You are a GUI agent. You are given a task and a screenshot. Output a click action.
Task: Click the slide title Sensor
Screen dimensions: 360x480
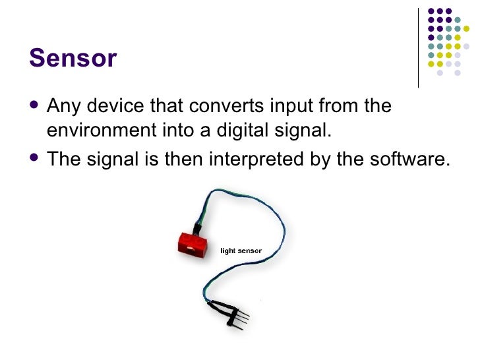click(x=73, y=59)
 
